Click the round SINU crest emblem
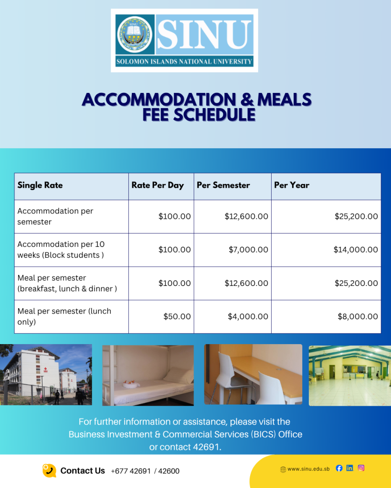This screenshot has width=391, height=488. click(135, 34)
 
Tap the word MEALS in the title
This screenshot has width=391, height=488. click(284, 100)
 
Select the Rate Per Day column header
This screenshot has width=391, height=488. click(158, 185)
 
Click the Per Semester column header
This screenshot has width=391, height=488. click(223, 185)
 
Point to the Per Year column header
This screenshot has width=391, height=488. click(292, 185)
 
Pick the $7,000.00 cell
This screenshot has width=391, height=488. click(248, 250)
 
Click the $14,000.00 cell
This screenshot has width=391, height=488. click(356, 250)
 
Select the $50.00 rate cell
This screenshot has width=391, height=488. click(177, 316)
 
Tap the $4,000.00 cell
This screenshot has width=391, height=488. click(248, 316)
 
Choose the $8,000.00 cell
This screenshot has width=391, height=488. click(358, 316)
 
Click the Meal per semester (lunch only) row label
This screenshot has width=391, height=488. click(64, 316)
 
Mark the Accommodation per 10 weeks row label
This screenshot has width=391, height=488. click(61, 250)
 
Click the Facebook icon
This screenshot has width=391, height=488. click(339, 468)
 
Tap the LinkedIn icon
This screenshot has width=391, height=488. click(350, 468)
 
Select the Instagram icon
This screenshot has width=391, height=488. click(361, 468)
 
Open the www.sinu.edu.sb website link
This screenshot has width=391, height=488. click(308, 469)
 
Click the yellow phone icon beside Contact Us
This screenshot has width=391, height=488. click(49, 470)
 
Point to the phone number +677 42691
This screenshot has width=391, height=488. click(131, 471)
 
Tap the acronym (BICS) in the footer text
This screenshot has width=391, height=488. click(264, 435)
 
